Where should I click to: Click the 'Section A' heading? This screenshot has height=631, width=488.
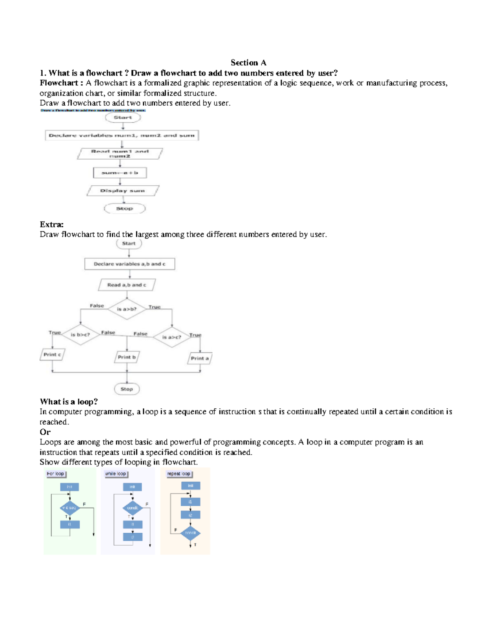click(x=248, y=63)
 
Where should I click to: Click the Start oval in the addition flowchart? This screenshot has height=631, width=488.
click(x=123, y=117)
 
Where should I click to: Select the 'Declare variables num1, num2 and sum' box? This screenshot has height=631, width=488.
click(x=122, y=135)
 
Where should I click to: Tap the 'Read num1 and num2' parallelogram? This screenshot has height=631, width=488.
click(x=120, y=154)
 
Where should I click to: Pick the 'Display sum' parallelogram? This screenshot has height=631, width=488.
click(x=122, y=191)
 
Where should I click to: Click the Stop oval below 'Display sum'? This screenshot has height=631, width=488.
click(x=124, y=208)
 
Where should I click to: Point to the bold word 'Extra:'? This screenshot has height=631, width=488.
click(x=52, y=224)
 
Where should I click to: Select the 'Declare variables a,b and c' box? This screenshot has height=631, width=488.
click(x=130, y=264)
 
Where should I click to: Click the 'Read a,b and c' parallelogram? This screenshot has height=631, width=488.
click(x=127, y=285)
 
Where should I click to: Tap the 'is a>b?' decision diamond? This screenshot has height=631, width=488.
click(x=127, y=309)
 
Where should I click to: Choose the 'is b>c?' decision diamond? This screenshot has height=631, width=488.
click(x=81, y=335)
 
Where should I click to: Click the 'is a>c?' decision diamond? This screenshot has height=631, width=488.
click(x=172, y=337)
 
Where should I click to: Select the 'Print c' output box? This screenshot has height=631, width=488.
click(x=52, y=354)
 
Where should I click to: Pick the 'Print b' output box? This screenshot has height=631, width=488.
click(x=127, y=357)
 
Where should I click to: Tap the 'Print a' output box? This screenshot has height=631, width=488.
click(x=200, y=358)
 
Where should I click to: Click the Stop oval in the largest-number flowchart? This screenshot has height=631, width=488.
click(x=127, y=389)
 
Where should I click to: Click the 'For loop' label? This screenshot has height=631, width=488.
click(x=56, y=474)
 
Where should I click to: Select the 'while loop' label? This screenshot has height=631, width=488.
click(x=116, y=474)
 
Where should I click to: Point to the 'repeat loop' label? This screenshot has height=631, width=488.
click(x=179, y=474)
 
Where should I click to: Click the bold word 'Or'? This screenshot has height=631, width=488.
click(x=45, y=432)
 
